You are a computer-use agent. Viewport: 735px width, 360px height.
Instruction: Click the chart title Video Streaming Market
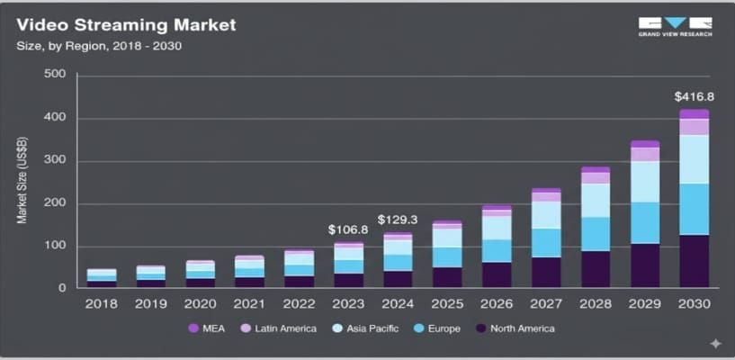click(x=127, y=24)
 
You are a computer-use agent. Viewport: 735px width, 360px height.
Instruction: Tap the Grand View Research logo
click(x=675, y=26)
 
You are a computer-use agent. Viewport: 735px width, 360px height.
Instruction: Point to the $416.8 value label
click(x=694, y=96)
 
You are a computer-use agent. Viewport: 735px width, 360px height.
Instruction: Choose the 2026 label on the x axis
click(x=497, y=304)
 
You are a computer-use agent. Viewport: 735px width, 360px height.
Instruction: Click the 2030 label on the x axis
click(x=694, y=304)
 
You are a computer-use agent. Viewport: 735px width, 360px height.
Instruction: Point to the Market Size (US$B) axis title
click(x=22, y=181)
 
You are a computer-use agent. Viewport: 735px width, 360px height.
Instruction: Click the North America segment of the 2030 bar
click(x=694, y=262)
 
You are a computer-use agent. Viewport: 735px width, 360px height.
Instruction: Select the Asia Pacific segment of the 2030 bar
click(x=694, y=159)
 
